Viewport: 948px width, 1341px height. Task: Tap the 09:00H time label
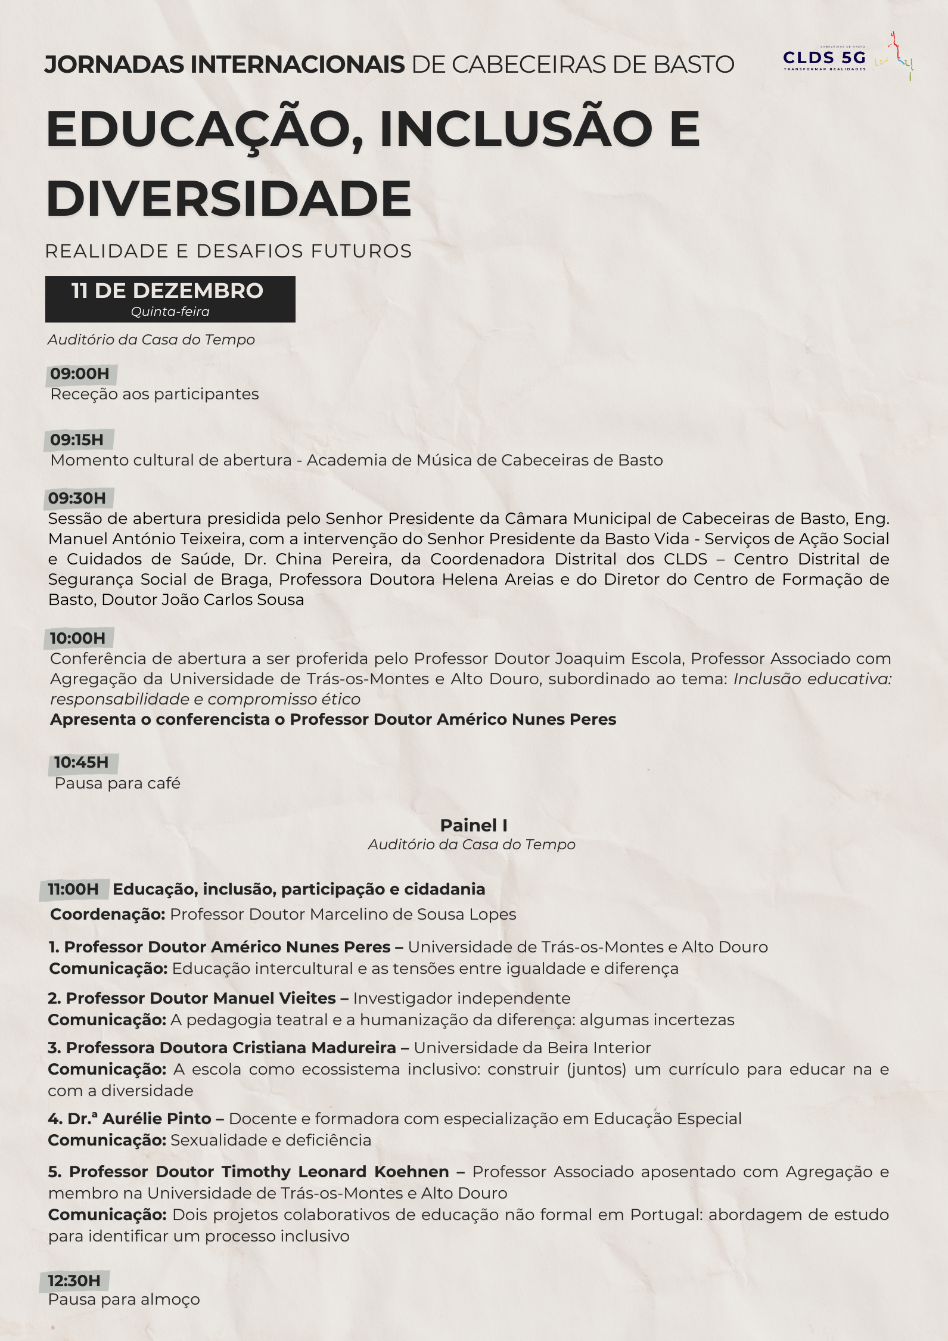click(x=80, y=374)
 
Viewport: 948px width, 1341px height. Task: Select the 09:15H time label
click(x=77, y=440)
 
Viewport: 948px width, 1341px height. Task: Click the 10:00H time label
click(x=77, y=638)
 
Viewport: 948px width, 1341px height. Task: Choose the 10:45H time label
click(x=82, y=762)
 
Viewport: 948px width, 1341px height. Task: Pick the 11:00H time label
click(x=73, y=889)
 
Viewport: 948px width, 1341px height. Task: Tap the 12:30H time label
click(x=74, y=1280)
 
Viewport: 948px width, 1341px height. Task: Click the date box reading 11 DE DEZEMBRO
click(x=170, y=291)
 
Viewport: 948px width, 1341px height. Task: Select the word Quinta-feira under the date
click(x=170, y=312)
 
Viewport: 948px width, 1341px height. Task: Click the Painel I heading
click(x=474, y=825)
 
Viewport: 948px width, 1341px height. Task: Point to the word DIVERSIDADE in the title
click(x=229, y=198)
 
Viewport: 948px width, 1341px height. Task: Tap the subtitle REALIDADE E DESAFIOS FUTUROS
click(x=228, y=251)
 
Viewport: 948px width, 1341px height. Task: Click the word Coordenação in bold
click(x=107, y=914)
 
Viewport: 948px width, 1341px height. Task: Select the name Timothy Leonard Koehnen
click(x=335, y=1172)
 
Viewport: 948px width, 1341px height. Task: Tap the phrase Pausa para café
click(x=117, y=783)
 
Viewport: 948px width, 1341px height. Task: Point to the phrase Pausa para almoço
click(x=124, y=1299)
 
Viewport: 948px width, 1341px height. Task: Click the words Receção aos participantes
click(x=154, y=394)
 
